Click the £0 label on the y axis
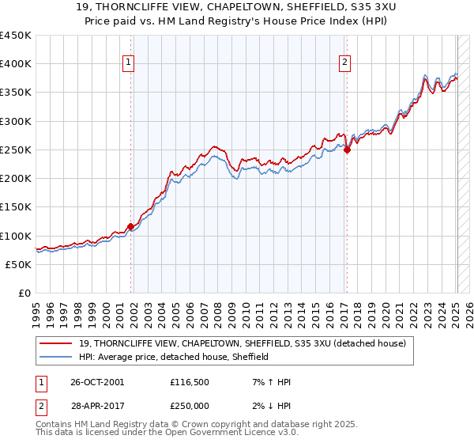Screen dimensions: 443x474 click(24, 293)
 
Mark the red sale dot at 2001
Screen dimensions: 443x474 click(130, 226)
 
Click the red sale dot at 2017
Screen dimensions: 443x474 click(347, 150)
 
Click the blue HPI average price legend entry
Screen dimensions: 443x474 click(174, 357)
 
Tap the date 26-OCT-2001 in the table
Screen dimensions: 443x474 click(96, 382)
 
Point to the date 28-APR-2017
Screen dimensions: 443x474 click(96, 404)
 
